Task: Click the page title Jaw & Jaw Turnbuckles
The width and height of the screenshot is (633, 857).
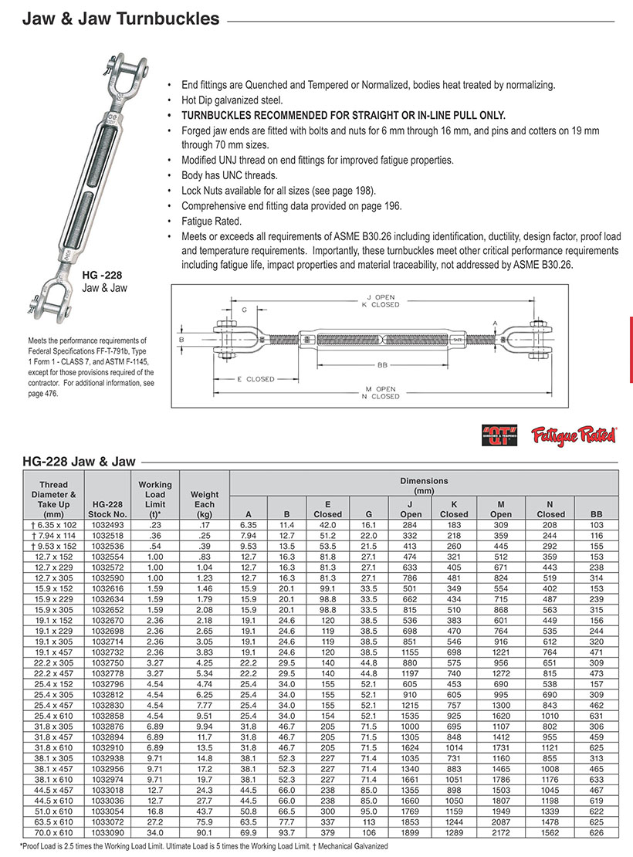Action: (120, 19)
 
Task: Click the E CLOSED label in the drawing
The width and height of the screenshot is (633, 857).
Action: (256, 379)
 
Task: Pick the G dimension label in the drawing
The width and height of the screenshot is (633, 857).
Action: (244, 310)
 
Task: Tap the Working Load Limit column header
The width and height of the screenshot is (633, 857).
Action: (155, 495)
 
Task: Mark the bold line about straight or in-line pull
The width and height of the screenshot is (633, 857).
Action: (333, 115)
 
